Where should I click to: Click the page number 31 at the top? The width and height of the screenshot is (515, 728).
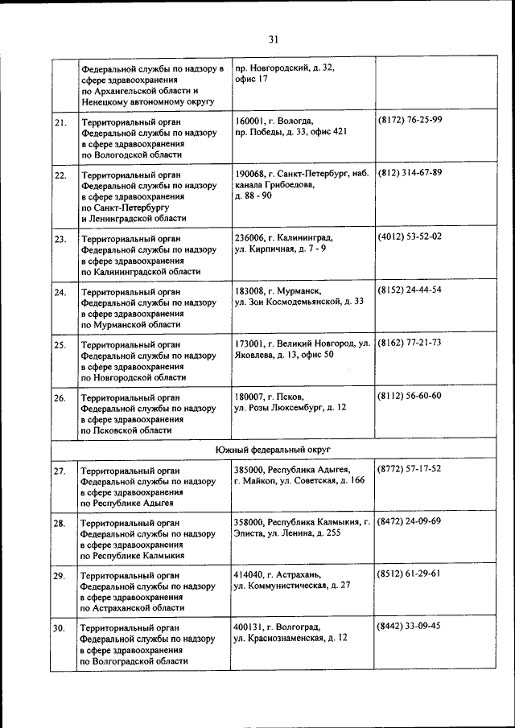[274, 39]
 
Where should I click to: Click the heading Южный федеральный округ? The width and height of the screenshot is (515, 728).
[274, 448]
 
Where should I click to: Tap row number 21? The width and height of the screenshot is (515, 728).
[60, 122]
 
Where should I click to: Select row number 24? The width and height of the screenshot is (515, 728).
[60, 292]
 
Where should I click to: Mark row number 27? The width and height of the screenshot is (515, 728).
[60, 471]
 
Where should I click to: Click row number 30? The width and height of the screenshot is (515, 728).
[60, 629]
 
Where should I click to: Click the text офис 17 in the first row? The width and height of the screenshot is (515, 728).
[251, 79]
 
